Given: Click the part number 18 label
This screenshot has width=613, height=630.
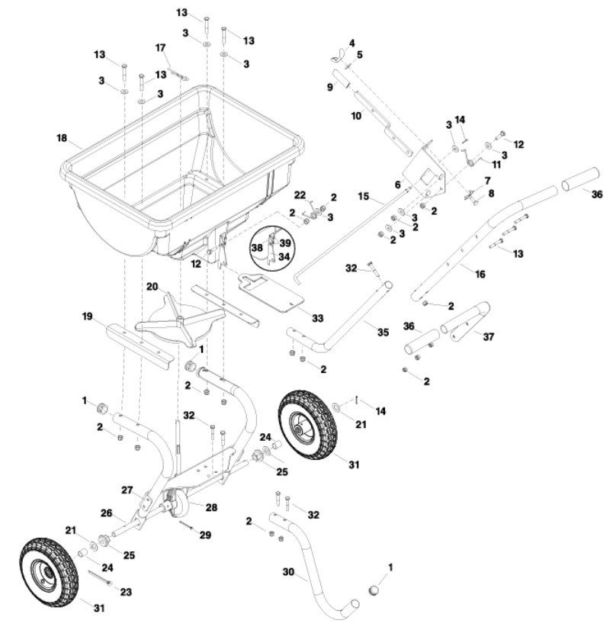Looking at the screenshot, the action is click(62, 138).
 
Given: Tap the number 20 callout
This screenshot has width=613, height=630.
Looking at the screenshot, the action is click(152, 287).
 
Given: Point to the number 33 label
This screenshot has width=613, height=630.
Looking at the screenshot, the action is click(317, 318).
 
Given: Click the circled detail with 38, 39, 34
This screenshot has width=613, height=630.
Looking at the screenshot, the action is click(272, 247).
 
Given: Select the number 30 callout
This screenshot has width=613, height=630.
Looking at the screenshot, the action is click(288, 571).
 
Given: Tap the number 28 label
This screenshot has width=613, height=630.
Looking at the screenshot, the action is click(212, 507).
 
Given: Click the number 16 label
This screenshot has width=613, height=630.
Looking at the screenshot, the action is click(480, 275).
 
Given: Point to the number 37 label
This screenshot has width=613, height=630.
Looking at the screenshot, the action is click(488, 336).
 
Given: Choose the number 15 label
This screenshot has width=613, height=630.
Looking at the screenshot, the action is click(363, 196).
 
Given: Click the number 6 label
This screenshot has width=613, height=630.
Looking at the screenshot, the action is click(397, 185).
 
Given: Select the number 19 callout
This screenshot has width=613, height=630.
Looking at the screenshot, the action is click(87, 317).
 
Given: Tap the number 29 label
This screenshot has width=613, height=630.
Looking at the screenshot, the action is click(205, 535).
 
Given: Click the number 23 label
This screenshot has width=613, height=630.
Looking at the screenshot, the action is click(126, 592).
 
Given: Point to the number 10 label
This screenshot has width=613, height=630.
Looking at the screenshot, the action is click(356, 116).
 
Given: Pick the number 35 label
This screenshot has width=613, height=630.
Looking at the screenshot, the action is click(384, 333).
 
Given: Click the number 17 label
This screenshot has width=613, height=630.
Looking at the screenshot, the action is click(160, 48).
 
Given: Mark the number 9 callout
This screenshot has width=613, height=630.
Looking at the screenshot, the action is click(330, 87).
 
